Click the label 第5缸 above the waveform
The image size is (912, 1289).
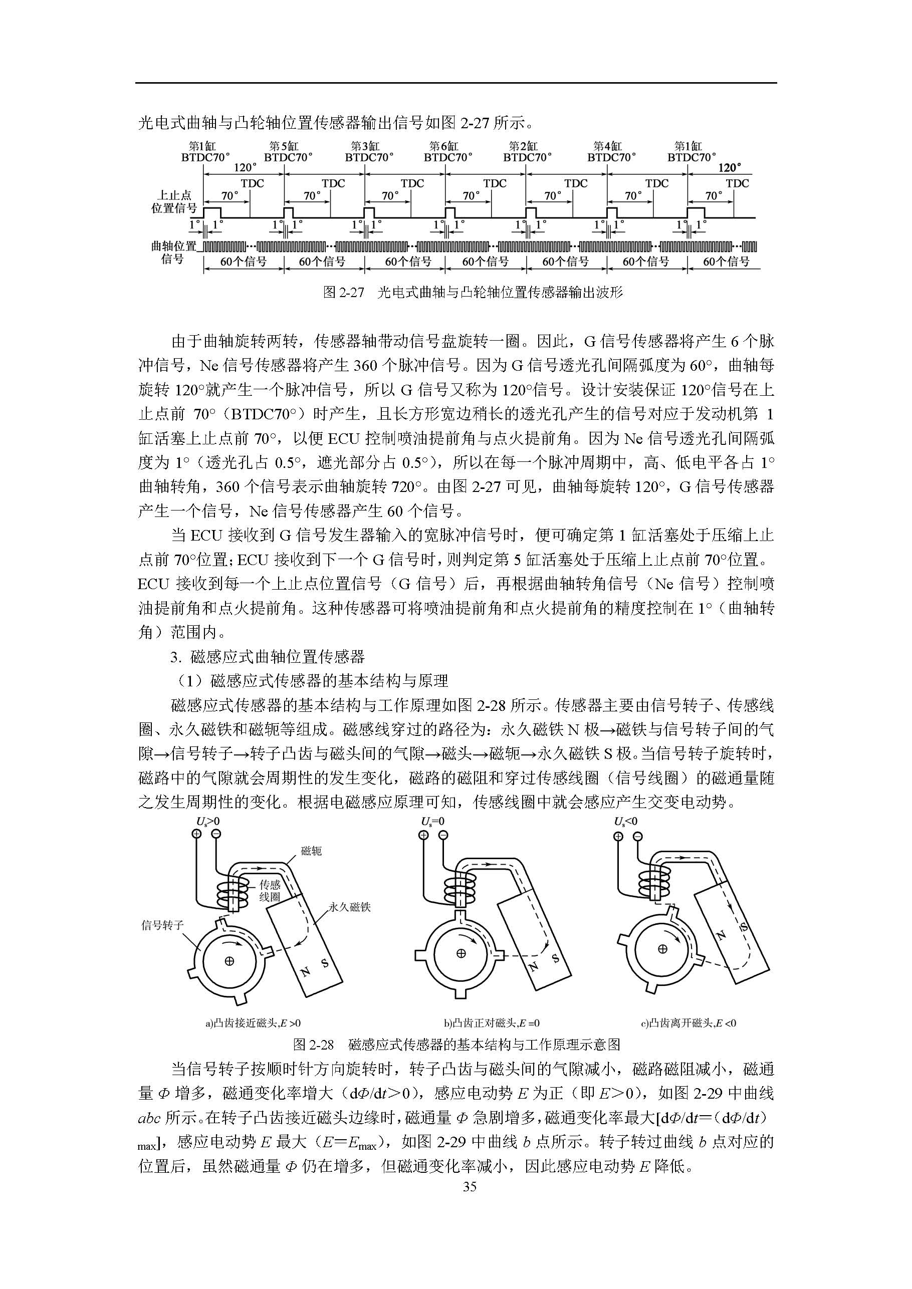click(x=284, y=146)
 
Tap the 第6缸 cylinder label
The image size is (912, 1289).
click(x=443, y=146)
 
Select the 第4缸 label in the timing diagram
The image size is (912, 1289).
click(x=607, y=146)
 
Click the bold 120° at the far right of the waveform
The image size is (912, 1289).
click(x=730, y=167)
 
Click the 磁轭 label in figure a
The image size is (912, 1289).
click(x=312, y=851)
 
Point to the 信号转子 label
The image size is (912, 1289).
click(x=162, y=925)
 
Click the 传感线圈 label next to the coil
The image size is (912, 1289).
click(x=270, y=890)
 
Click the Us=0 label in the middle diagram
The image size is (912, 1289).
click(x=433, y=822)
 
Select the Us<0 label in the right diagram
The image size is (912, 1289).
click(x=626, y=822)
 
